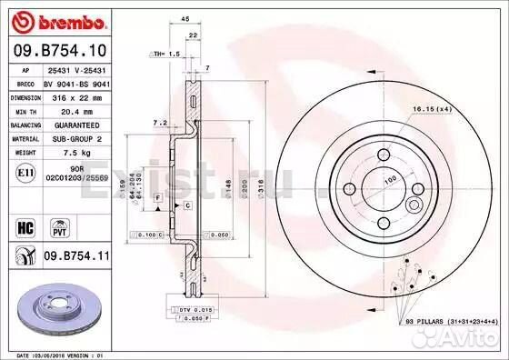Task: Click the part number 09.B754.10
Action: point(58,50)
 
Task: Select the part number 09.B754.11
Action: point(74,258)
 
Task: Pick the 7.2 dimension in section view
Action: point(156,121)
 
